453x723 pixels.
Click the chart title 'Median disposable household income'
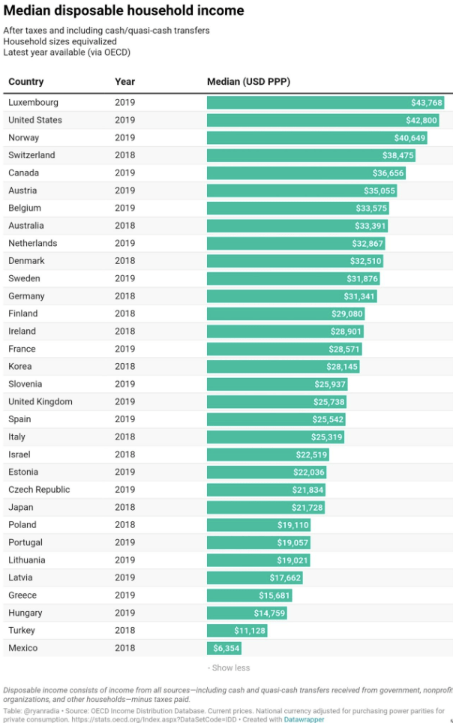[124, 10]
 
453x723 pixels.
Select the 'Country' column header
[26, 82]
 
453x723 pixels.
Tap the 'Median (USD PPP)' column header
[248, 82]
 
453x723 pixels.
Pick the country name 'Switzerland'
[31, 155]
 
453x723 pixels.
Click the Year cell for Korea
[124, 367]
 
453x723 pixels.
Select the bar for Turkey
[237, 631]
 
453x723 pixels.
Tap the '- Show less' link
[229, 667]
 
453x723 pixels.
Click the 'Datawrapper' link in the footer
[304, 719]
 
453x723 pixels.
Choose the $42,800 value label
[421, 120]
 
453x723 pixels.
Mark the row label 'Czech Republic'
[39, 490]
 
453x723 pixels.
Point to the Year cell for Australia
[124, 226]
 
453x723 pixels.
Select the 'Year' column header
[124, 82]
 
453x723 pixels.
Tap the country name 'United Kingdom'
[40, 402]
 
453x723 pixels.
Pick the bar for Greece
[250, 595]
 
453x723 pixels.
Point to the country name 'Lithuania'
[27, 560]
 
